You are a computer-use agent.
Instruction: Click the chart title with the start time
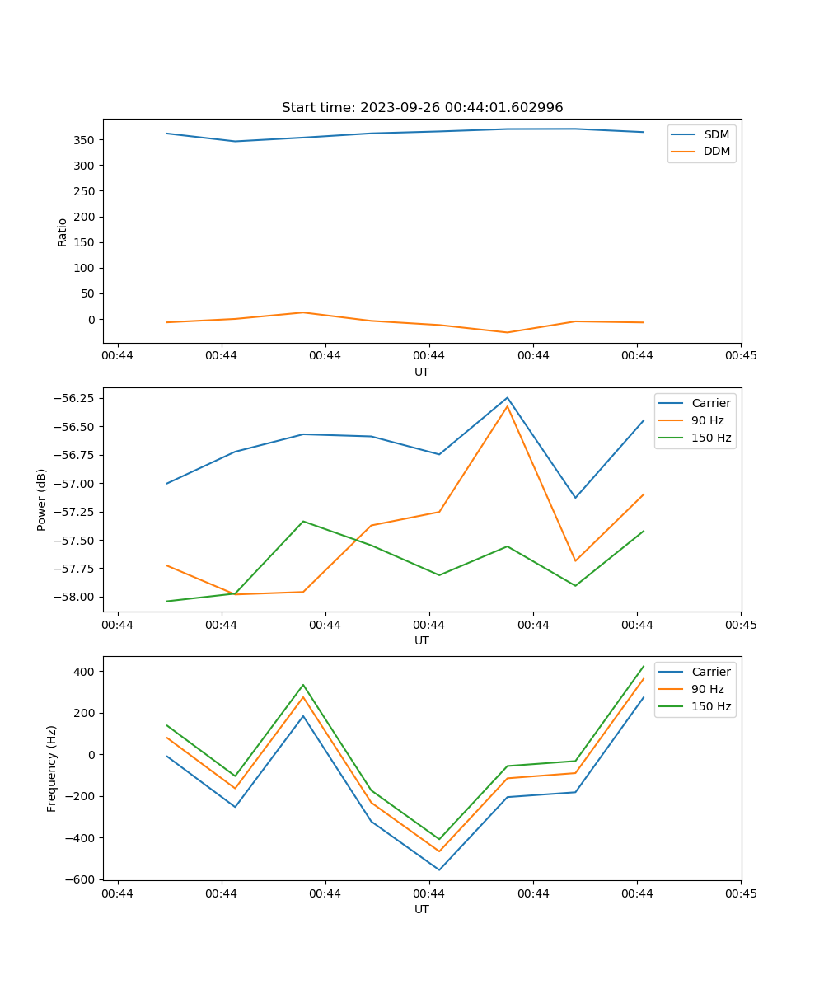point(422,108)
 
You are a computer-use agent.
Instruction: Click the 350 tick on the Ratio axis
point(86,140)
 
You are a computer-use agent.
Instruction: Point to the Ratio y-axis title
point(63,232)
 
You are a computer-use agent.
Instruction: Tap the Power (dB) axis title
point(42,499)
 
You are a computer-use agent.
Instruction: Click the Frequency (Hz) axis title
point(52,768)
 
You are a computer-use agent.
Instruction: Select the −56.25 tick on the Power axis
point(71,398)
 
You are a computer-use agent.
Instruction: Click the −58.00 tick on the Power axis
point(71,598)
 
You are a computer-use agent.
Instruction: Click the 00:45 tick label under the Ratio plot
point(741,356)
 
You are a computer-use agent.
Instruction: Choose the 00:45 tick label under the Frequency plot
point(741,893)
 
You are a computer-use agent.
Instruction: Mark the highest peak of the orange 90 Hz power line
point(508,406)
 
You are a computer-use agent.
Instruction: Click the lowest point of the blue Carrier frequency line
point(439,869)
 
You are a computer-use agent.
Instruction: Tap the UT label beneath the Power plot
point(422,640)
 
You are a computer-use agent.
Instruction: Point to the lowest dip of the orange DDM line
point(507,332)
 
